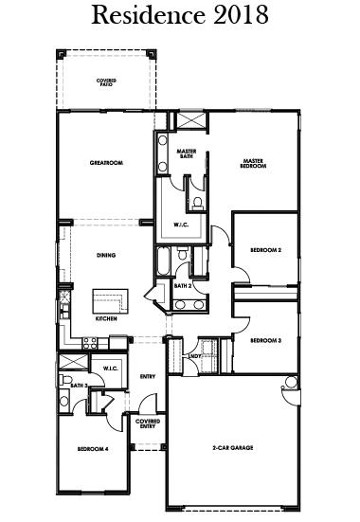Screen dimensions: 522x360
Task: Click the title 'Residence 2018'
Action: tap(180, 16)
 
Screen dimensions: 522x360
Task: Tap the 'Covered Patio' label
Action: tap(106, 83)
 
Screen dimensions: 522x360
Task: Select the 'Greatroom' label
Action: tap(106, 163)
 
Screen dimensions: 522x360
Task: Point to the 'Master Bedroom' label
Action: tap(253, 163)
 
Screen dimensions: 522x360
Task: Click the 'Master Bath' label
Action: tap(186, 153)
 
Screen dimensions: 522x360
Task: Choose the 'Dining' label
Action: tap(106, 255)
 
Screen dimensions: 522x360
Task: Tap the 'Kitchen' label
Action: tap(106, 319)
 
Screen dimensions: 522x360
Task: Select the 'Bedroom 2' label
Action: tap(266, 250)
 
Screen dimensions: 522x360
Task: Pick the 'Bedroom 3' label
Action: tap(266, 340)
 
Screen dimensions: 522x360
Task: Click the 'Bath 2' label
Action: tap(183, 285)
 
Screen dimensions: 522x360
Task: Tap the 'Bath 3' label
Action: tap(79, 386)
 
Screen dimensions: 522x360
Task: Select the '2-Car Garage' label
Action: tap(230, 448)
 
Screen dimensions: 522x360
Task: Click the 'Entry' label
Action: tap(147, 377)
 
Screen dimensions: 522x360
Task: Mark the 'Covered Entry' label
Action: tap(147, 423)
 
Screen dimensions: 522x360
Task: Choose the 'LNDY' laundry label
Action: tap(194, 356)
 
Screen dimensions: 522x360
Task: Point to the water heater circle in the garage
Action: tap(290, 383)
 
